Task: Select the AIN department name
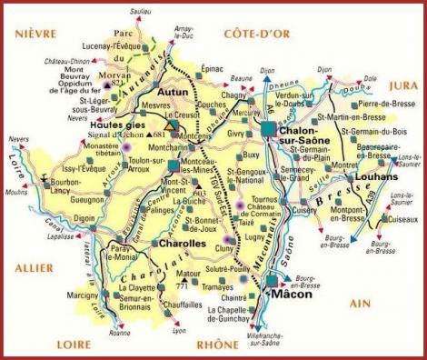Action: point(385,301)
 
